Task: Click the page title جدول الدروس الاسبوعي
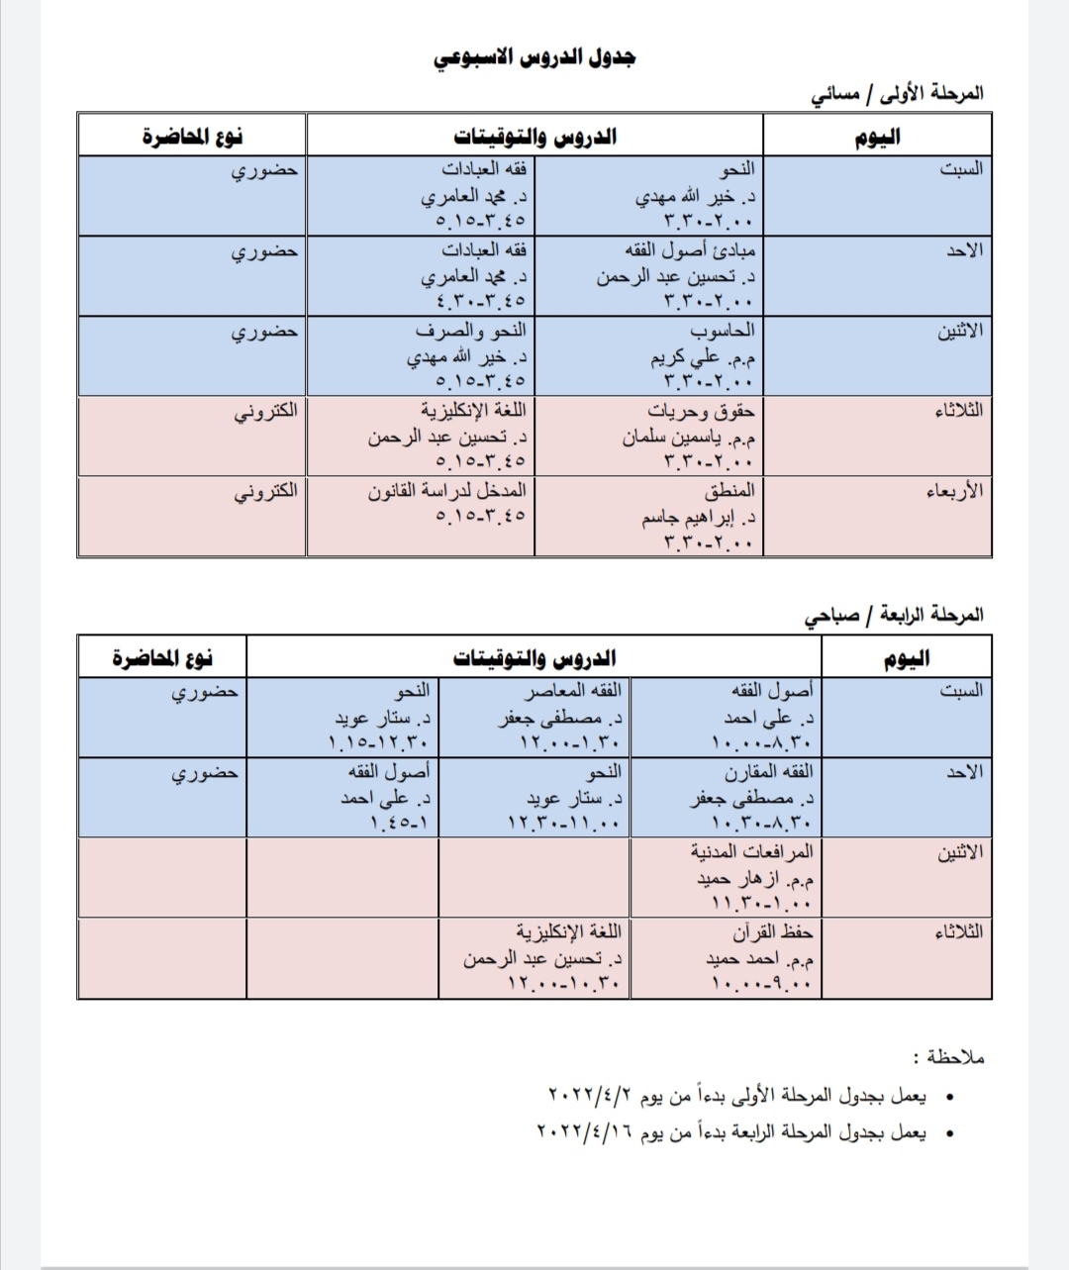coord(534,57)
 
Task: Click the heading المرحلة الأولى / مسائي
coord(898,93)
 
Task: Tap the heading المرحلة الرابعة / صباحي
coord(895,615)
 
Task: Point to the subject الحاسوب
coord(723,330)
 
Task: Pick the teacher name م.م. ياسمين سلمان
coord(689,437)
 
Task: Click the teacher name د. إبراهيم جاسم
coord(699,517)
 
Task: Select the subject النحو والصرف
coord(471,330)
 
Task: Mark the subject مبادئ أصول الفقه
coord(690,249)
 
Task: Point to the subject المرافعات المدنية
coord(752,850)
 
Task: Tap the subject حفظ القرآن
coord(773,931)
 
